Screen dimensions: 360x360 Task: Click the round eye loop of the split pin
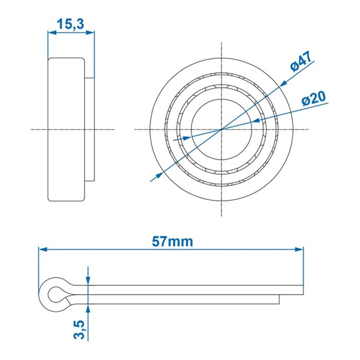click(54, 294)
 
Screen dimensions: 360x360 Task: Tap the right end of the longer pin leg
click(303, 290)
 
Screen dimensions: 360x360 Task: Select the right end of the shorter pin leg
click(279, 299)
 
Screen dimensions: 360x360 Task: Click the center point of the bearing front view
click(222, 129)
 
